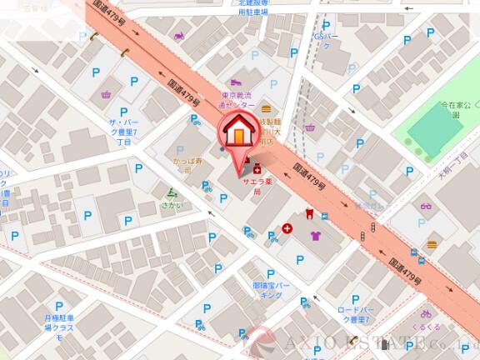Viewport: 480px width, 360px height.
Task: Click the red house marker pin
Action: pyautogui.click(x=238, y=133)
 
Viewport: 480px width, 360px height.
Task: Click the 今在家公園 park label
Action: pyautogui.click(x=456, y=109)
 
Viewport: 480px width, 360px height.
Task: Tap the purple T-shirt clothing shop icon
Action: pyautogui.click(x=315, y=236)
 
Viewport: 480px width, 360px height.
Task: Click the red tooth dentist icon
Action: pyautogui.click(x=309, y=213)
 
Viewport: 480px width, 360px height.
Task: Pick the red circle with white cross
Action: pyautogui.click(x=287, y=227)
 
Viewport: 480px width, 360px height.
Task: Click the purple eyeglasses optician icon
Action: pyautogui.click(x=426, y=206)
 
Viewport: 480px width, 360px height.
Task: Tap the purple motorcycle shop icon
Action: pyautogui.click(x=178, y=37)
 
